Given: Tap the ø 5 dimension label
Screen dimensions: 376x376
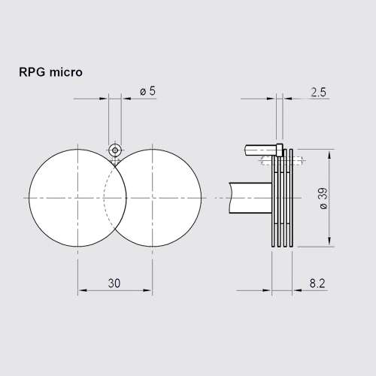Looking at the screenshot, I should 147,90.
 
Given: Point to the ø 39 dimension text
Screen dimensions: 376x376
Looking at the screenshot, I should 323,197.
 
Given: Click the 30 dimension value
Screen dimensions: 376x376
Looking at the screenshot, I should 114,283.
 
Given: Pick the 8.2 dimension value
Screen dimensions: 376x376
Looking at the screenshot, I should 317,284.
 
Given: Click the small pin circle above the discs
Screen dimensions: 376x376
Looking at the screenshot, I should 115,150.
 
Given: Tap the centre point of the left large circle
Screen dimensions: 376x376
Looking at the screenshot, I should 78,197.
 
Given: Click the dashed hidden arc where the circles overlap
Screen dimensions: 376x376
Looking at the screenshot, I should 105,197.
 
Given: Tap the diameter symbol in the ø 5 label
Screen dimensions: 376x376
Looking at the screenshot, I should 143,90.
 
